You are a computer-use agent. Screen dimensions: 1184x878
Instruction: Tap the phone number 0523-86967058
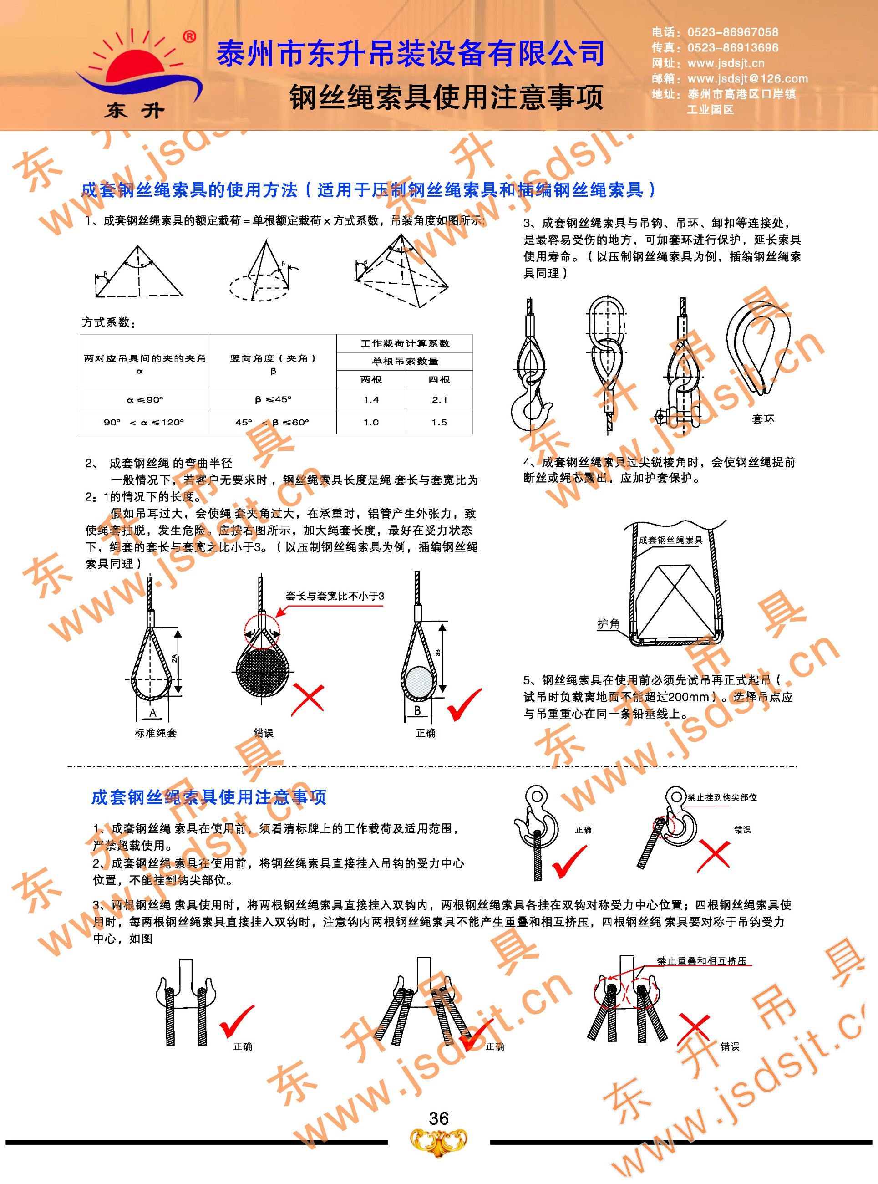[x=732, y=32]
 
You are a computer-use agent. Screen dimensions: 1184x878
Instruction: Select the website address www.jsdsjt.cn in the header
[x=726, y=63]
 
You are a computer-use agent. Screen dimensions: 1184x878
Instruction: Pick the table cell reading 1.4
[x=371, y=400]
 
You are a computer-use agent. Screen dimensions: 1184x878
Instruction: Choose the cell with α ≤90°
[x=144, y=400]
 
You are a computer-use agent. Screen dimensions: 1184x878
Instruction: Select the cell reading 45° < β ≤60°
[x=272, y=423]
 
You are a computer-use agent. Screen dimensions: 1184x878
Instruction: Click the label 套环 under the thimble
[x=763, y=419]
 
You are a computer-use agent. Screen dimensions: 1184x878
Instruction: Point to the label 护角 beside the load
[x=609, y=623]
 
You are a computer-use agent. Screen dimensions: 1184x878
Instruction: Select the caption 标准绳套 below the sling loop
[x=155, y=733]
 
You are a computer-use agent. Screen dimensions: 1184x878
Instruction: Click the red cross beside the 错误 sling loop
[x=308, y=699]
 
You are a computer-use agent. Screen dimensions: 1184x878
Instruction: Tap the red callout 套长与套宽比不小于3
[x=335, y=597]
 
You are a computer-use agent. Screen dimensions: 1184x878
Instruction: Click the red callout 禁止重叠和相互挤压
[x=701, y=961]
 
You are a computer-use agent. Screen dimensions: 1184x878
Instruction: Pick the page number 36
[x=438, y=1118]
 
